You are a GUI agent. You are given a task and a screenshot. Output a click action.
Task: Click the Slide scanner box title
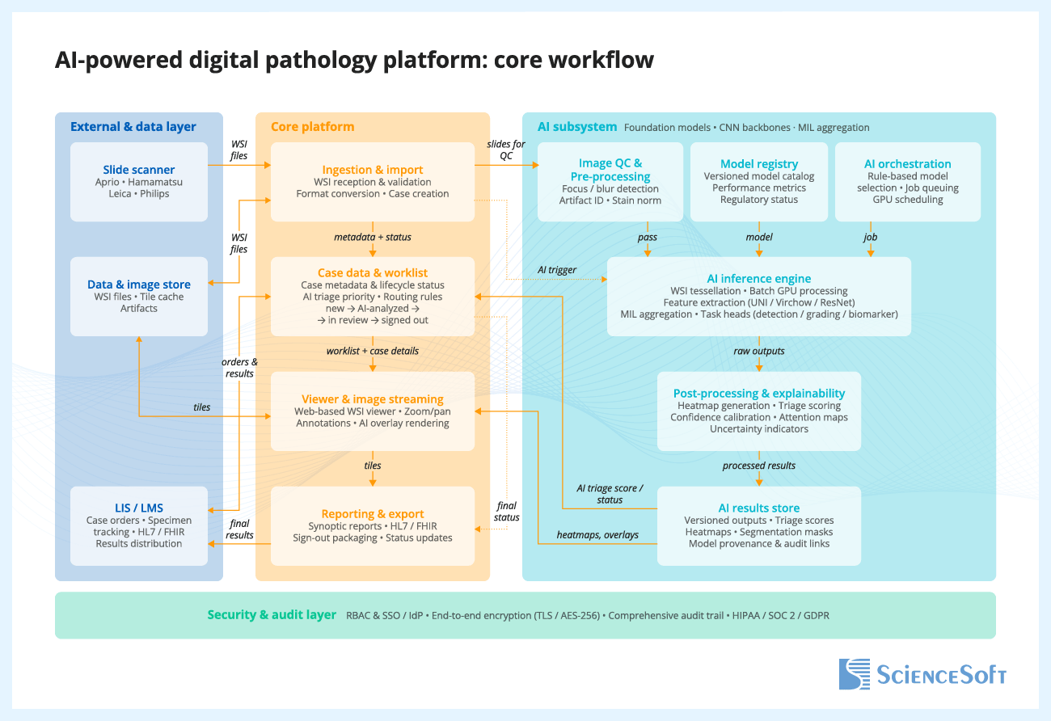[x=138, y=170]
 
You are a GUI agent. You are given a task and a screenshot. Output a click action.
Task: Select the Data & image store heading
[x=138, y=285]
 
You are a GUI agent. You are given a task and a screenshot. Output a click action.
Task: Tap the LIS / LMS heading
[x=138, y=508]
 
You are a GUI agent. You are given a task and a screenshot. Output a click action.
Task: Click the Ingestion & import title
[x=372, y=170]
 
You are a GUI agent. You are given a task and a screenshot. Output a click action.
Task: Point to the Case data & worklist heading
[x=372, y=273]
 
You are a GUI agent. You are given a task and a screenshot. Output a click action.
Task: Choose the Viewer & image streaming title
[x=372, y=399]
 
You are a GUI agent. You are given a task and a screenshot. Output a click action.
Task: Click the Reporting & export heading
[x=372, y=514]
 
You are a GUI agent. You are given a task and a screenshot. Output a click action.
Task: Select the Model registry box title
[x=758, y=164]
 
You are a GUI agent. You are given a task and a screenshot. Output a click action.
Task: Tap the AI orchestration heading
[x=907, y=164]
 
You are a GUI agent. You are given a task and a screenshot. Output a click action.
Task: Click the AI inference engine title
[x=758, y=279]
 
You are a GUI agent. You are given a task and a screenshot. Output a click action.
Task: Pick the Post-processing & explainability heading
[x=758, y=394]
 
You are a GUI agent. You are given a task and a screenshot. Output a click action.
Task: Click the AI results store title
[x=758, y=508]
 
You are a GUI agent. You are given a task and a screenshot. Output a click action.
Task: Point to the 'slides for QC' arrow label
[x=506, y=150]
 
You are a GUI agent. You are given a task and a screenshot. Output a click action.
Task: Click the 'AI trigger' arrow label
[x=557, y=270]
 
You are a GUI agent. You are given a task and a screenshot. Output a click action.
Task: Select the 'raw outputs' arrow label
[x=758, y=352]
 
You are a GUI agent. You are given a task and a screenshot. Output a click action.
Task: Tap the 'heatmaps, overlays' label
[x=597, y=535]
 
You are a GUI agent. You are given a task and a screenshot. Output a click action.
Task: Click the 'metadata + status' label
[x=372, y=238]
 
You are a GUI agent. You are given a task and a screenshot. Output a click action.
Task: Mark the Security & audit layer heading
[x=272, y=615]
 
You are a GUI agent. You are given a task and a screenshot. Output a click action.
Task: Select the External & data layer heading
[x=133, y=127]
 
